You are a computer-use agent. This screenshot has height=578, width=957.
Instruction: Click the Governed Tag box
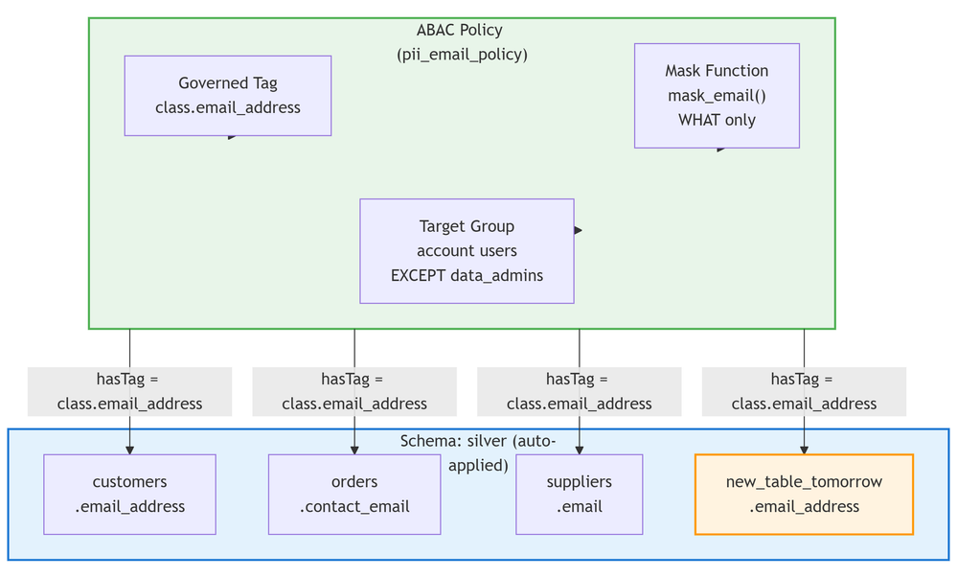click(227, 95)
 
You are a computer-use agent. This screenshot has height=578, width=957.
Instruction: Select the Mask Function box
click(717, 95)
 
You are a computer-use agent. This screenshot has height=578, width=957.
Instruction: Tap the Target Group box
click(467, 250)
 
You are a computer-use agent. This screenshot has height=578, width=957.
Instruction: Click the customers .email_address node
click(129, 494)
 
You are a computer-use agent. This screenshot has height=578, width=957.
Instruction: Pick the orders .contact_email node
click(354, 494)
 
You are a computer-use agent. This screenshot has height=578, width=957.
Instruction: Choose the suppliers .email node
click(579, 494)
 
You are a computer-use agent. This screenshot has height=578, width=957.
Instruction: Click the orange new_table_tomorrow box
click(804, 494)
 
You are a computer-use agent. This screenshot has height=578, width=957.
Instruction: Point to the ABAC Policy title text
click(460, 31)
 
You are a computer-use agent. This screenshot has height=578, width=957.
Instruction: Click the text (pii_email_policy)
click(462, 55)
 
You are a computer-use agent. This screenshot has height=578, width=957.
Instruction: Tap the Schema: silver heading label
click(478, 441)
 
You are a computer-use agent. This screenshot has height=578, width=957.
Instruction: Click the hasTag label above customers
click(129, 391)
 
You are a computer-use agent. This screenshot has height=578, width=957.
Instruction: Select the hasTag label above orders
click(354, 391)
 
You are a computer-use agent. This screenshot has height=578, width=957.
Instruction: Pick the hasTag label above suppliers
click(579, 391)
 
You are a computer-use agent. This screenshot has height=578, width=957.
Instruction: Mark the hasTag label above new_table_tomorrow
click(804, 391)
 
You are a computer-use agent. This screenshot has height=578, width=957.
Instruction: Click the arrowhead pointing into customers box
click(129, 449)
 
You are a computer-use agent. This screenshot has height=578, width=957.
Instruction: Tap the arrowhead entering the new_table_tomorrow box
click(804, 449)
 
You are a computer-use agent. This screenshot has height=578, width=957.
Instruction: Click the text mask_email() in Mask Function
click(717, 96)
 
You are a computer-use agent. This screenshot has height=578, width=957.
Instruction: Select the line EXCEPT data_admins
click(467, 275)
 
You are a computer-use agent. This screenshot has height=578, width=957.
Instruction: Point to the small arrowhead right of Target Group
click(578, 230)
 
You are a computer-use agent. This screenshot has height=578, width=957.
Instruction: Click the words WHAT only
click(717, 120)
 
